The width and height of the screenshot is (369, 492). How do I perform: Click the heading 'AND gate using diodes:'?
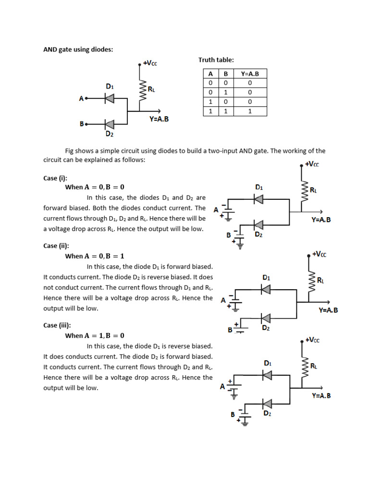tap(78, 49)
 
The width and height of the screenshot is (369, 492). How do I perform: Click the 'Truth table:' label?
tap(216, 60)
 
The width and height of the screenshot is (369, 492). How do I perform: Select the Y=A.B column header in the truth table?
tap(249, 74)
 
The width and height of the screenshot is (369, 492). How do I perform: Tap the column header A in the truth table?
tap(210, 74)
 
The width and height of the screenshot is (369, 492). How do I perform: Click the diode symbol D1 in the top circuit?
tap(110, 98)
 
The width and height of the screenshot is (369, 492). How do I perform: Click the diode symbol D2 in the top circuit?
tap(110, 124)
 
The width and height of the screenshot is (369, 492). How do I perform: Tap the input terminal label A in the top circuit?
tap(81, 98)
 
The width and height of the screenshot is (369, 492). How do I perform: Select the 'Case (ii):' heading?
tap(57, 246)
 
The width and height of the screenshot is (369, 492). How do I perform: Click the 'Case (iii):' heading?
tap(58, 325)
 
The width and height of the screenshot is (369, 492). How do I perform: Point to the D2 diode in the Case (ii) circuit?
tap(265, 318)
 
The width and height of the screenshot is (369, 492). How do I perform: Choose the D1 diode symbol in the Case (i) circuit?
tap(259, 198)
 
